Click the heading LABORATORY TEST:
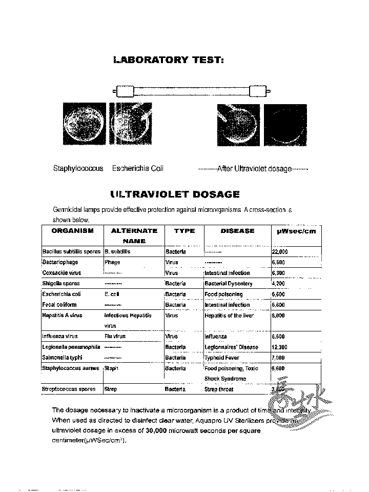169,60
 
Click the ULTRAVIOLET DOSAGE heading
175,194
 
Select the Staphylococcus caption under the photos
78,168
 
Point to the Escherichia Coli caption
137,168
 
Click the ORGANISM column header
72,231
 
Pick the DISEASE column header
237,231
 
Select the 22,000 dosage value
280,252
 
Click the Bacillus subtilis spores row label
71,252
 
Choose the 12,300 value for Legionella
279,347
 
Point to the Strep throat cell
219,389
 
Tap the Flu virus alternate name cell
115,337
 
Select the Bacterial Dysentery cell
229,284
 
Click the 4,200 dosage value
278,284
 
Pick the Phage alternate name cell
112,262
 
